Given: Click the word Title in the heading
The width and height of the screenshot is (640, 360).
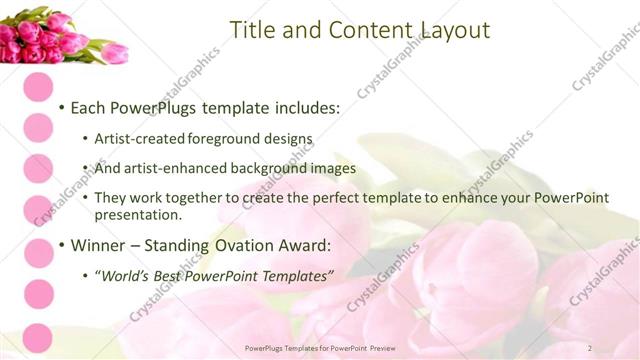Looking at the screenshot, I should click(252, 30).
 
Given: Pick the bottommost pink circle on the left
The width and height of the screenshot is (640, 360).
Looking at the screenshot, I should click(38, 338).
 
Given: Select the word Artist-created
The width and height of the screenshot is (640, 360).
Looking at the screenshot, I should click(135, 139).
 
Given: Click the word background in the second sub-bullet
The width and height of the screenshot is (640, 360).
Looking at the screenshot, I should click(259, 168).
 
